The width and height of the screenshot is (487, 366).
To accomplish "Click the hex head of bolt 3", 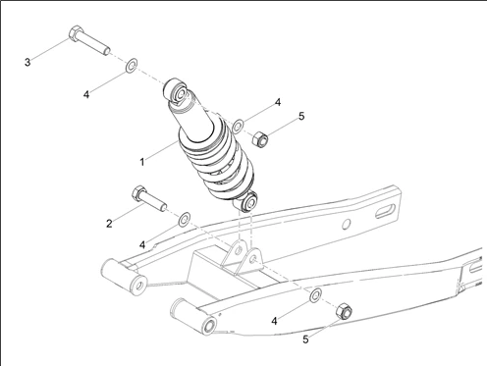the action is pos(76,33).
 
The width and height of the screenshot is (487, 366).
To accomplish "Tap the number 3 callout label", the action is pos(27,62).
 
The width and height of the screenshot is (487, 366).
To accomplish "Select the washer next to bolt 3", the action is pos(132,66).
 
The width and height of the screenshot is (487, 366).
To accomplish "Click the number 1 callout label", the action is pos(142,162).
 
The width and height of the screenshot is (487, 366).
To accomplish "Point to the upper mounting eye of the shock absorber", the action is pos(176,91).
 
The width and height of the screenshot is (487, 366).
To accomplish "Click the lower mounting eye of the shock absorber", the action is pos(247,202).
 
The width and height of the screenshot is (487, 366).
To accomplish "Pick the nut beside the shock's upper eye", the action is pos(260,139).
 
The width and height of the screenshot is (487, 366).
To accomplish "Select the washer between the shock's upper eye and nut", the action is pos(238,127).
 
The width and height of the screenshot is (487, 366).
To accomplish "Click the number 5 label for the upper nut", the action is pos(301,116).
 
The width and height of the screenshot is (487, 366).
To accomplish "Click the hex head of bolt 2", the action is pos(139,193).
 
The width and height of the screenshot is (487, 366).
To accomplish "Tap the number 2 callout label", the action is pos(109,224).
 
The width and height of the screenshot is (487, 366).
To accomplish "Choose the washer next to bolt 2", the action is pos(185,219).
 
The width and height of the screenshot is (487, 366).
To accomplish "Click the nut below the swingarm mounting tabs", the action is pos(344,311).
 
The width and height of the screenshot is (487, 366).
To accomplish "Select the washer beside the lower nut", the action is pos(315,295).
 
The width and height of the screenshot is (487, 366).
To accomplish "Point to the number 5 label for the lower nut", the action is pos(305,340).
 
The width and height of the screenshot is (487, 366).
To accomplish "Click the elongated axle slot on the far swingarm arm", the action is pos(387,211).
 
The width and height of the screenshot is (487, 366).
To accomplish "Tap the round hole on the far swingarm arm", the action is pos(346,224).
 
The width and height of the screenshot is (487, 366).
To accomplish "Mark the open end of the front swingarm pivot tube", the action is pos(209,326).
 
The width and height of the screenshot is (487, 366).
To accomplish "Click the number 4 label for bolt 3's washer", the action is pos(86,95).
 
